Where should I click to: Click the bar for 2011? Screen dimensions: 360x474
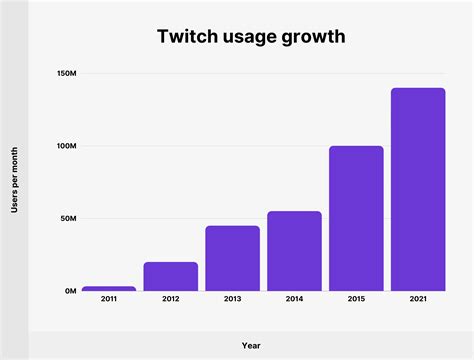point(108,288)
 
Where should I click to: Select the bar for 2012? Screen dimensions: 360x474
point(170,276)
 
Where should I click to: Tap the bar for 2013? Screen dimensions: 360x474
point(232,258)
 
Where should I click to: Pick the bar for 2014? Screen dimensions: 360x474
point(294,251)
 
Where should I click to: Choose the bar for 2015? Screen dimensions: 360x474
point(356,218)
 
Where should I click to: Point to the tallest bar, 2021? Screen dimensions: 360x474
point(418,189)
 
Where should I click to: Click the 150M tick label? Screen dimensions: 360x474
point(66,73)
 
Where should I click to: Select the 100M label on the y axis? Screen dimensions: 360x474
point(66,146)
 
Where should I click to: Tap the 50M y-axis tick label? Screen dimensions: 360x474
point(68,218)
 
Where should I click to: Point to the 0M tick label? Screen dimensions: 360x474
point(70,291)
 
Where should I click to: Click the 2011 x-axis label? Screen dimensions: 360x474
point(108,299)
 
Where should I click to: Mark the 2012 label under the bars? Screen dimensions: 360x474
point(170,299)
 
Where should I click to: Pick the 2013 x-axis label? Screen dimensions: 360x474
point(232,299)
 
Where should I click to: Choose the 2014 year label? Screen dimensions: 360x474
point(294,299)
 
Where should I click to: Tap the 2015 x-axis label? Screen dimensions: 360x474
point(356,299)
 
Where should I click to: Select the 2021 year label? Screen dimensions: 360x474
point(418,299)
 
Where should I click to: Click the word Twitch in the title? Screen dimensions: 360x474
point(185,37)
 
